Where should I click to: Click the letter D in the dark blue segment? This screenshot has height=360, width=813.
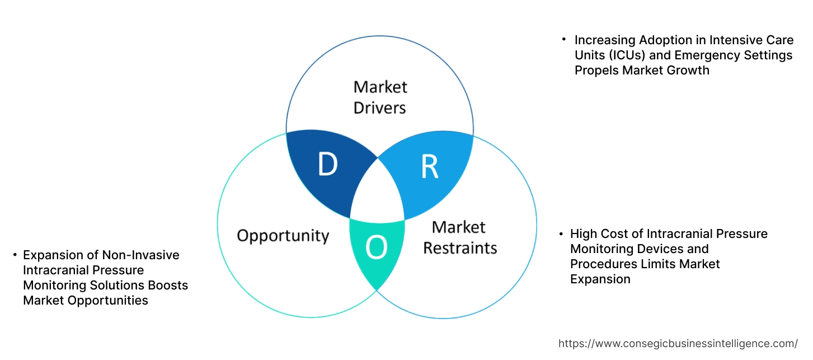click(x=327, y=164)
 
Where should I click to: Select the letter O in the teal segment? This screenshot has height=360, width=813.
click(x=377, y=247)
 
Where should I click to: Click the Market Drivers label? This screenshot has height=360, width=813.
click(x=380, y=97)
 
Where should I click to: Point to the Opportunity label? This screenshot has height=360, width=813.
click(x=283, y=235)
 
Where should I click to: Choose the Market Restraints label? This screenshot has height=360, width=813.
click(x=459, y=237)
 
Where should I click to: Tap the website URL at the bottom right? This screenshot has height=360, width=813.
click(x=678, y=344)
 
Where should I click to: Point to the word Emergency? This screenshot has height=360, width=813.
click(x=708, y=55)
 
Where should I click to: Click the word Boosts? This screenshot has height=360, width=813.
click(x=168, y=286)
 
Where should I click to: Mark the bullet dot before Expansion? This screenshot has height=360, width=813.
click(x=15, y=255)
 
